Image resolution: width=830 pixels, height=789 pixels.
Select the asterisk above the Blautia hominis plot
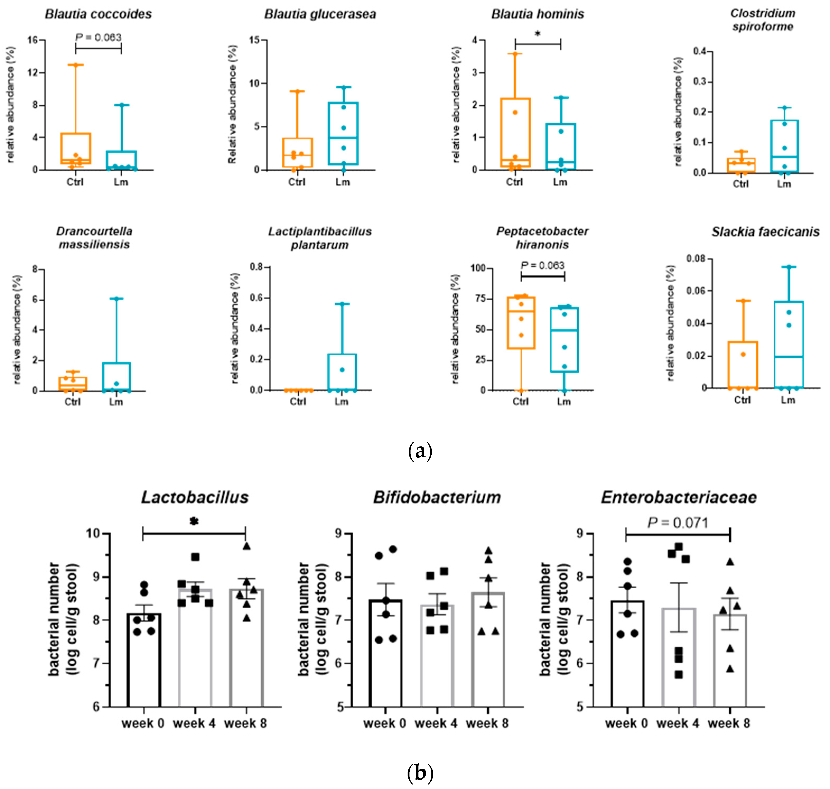coord(537,34)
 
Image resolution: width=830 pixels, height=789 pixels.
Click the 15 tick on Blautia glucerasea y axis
coord(254,40)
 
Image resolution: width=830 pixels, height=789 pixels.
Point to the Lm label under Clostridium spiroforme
coord(784,184)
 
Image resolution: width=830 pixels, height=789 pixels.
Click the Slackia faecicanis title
coord(765,231)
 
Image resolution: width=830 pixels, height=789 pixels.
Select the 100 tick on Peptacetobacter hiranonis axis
coord(477,268)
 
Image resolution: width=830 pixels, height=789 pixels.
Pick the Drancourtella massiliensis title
coord(94,238)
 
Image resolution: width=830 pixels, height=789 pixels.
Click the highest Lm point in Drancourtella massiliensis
coord(116,298)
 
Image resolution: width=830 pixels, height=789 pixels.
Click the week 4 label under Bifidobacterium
coord(436,723)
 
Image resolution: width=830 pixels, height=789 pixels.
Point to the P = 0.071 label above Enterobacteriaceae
coord(678,523)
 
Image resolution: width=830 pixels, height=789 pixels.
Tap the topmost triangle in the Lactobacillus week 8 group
coord(246,546)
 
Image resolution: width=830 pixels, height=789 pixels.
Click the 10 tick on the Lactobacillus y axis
coord(93,533)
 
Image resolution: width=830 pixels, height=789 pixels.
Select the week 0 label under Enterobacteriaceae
coord(626,723)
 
